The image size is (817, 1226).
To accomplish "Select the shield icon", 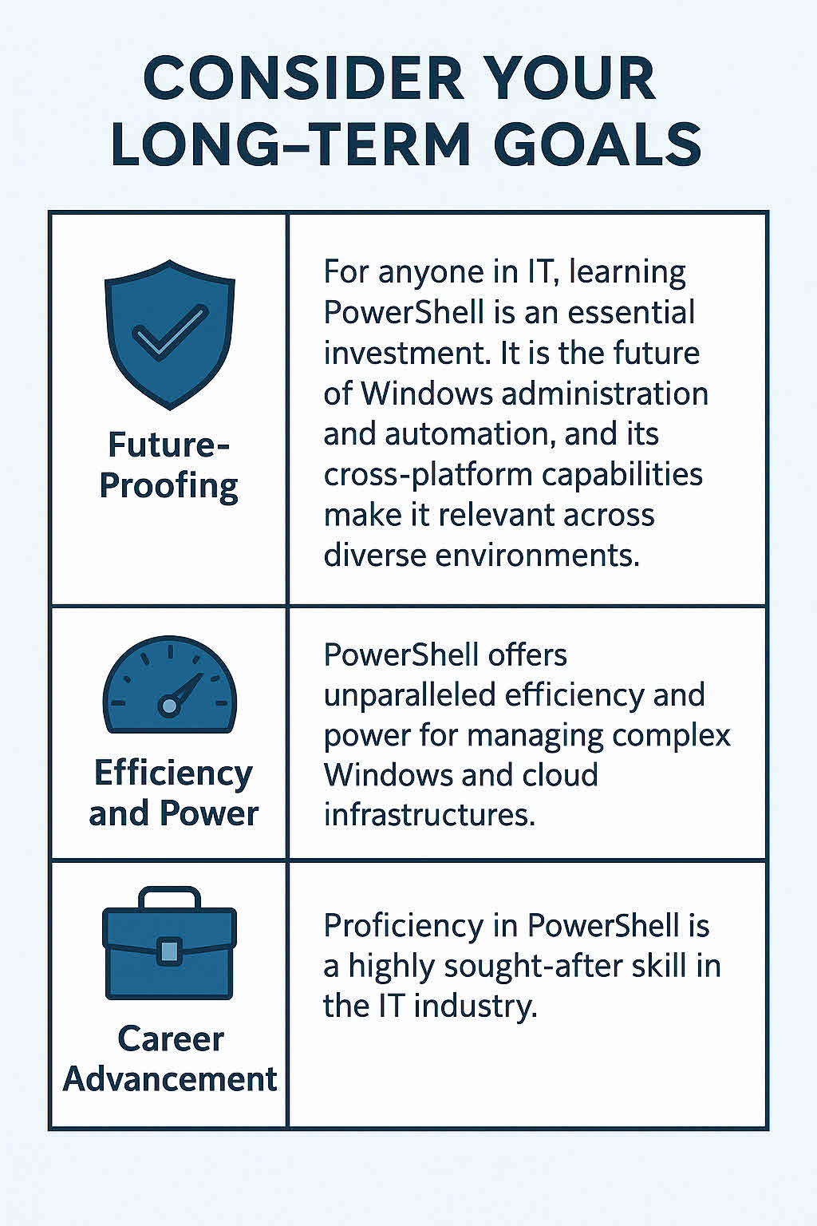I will click(170, 334).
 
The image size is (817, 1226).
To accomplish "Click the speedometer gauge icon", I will click(170, 685).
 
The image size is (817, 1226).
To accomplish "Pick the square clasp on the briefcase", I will click(169, 950).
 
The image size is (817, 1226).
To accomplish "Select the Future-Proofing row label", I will click(169, 465).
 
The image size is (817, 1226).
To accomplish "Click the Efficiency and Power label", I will click(173, 793).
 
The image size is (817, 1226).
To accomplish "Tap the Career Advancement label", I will click(170, 1059).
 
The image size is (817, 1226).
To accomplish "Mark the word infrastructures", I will click(428, 815).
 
